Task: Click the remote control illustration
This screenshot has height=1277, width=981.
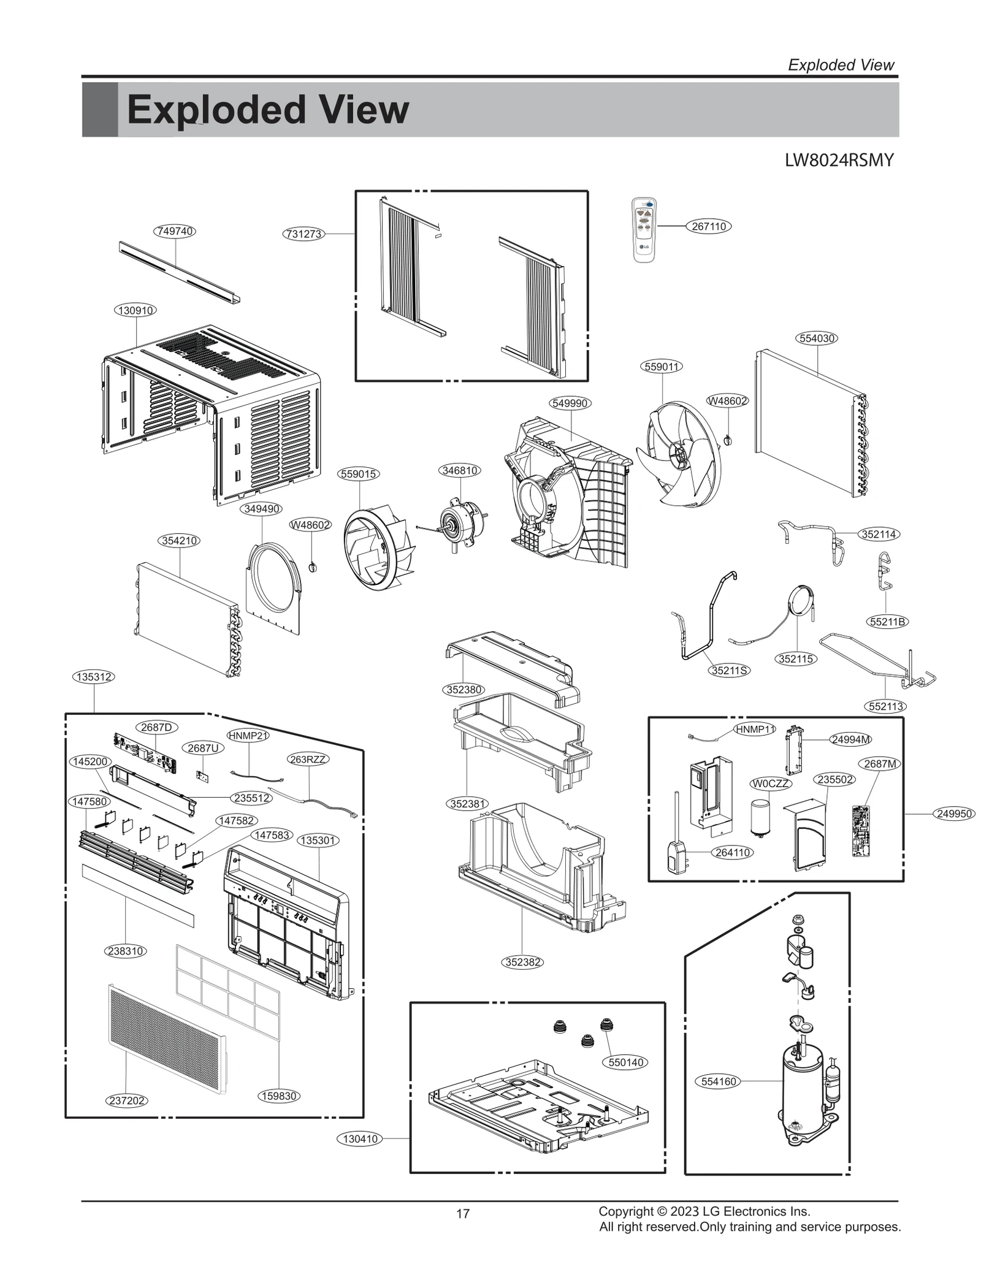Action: pyautogui.click(x=644, y=230)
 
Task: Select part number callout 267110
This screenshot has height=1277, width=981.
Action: pyautogui.click(x=709, y=226)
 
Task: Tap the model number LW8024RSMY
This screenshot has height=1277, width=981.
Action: pyautogui.click(x=839, y=161)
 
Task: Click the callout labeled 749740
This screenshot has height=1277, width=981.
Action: pyautogui.click(x=175, y=231)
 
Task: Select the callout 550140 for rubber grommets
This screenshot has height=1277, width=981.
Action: pyautogui.click(x=625, y=1062)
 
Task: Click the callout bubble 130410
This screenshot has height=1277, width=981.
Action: pyautogui.click(x=360, y=1138)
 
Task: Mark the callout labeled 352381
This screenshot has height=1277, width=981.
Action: pyautogui.click(x=467, y=803)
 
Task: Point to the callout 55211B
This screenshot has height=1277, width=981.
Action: pyautogui.click(x=888, y=622)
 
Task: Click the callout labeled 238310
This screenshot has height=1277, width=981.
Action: pyautogui.click(x=126, y=951)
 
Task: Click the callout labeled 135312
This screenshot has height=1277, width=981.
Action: pyautogui.click(x=93, y=677)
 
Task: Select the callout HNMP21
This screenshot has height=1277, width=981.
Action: pyautogui.click(x=248, y=735)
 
